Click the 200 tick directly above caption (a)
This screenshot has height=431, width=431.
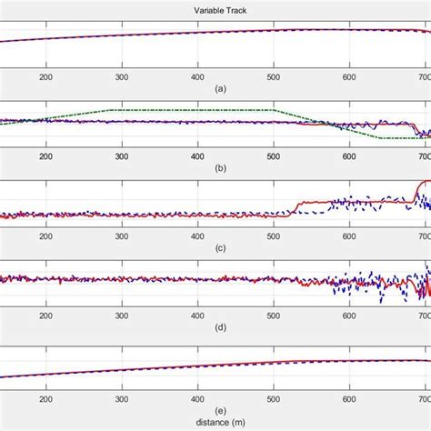[x=45, y=78]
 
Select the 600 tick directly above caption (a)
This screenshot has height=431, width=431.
[x=349, y=78]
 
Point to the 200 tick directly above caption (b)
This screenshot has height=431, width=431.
[x=45, y=156]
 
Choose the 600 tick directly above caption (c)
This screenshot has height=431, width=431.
[x=349, y=235]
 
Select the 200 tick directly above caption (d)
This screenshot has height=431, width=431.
[x=45, y=314]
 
